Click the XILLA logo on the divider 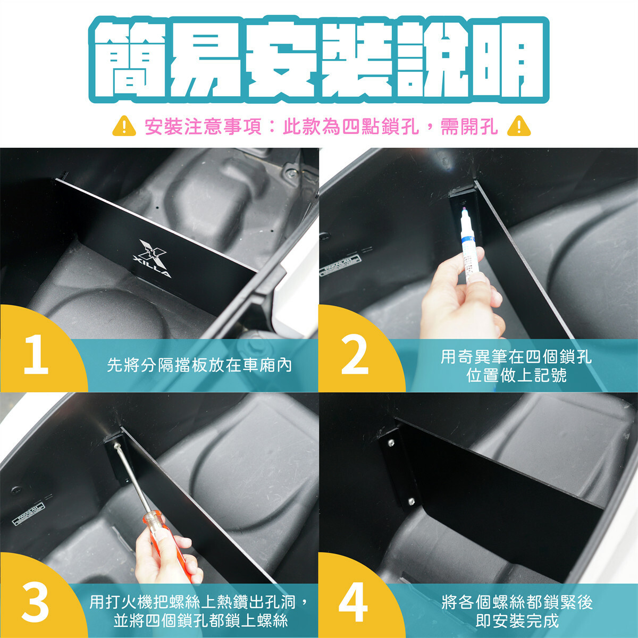click(x=152, y=258)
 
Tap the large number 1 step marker click(x=36, y=355)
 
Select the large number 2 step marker click(x=355, y=355)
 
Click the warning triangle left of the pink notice click(x=124, y=126)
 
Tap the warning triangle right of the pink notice click(x=519, y=126)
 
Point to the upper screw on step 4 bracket click(x=391, y=442)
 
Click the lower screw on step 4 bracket click(x=411, y=501)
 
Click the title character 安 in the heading click(x=281, y=60)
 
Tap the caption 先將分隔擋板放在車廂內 click(x=199, y=365)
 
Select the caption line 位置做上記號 click(x=516, y=375)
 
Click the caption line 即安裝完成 click(x=517, y=621)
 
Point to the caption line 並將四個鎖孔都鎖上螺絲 click(x=200, y=621)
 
